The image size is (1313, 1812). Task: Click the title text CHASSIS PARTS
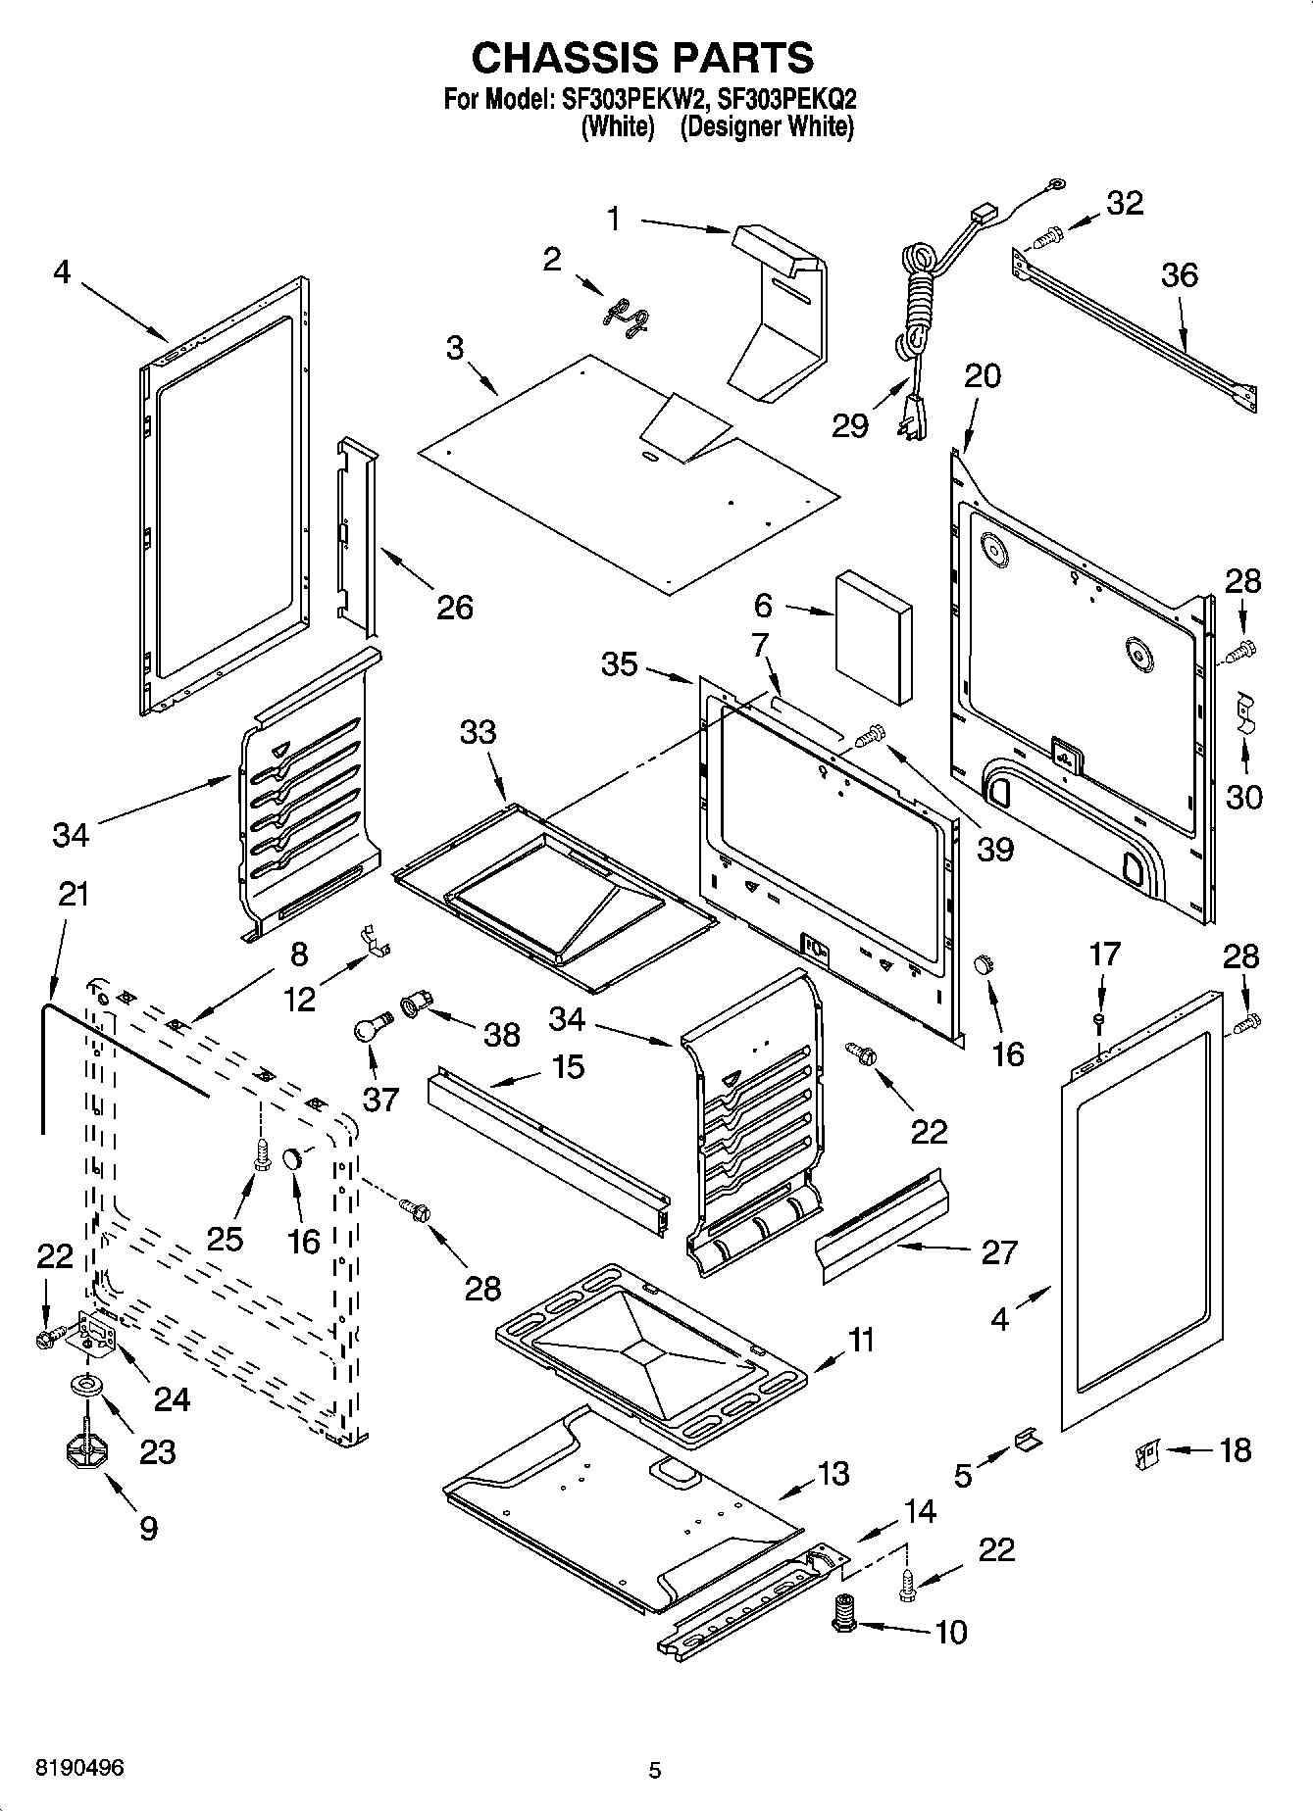642,58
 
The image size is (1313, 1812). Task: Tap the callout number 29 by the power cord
849,425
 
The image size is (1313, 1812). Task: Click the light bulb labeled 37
370,1028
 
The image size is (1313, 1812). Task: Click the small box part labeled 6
873,638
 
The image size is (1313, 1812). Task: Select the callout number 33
479,732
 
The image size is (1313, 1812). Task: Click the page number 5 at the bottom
655,1770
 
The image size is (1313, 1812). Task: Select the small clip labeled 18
1148,1450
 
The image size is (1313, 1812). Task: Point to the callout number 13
833,1473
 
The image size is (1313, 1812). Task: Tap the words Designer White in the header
766,126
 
